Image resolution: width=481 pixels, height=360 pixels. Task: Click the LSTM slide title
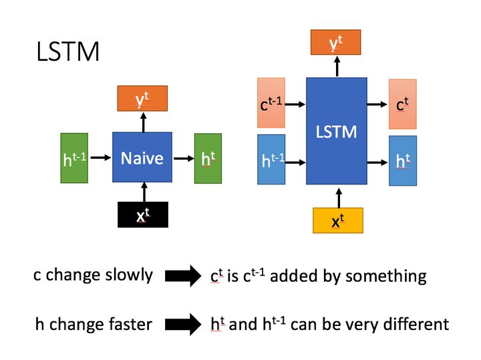(67, 51)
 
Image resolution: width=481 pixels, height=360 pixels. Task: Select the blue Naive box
(142, 158)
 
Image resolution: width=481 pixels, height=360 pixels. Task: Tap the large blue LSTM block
(336, 131)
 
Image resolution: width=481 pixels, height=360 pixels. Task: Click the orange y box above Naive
(142, 100)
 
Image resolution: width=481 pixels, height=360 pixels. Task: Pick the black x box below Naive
(142, 215)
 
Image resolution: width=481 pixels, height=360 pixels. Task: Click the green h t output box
(208, 158)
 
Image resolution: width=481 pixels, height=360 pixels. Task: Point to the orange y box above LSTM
(336, 43)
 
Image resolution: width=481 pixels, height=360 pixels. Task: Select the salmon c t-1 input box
(271, 104)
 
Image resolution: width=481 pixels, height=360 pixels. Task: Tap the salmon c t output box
(402, 104)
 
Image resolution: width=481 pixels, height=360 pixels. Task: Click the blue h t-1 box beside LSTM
(271, 159)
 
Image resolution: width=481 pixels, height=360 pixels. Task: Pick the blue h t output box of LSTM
(402, 160)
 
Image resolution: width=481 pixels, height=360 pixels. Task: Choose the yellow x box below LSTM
(337, 220)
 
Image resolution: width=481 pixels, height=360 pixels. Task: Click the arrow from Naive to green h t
(182, 158)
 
